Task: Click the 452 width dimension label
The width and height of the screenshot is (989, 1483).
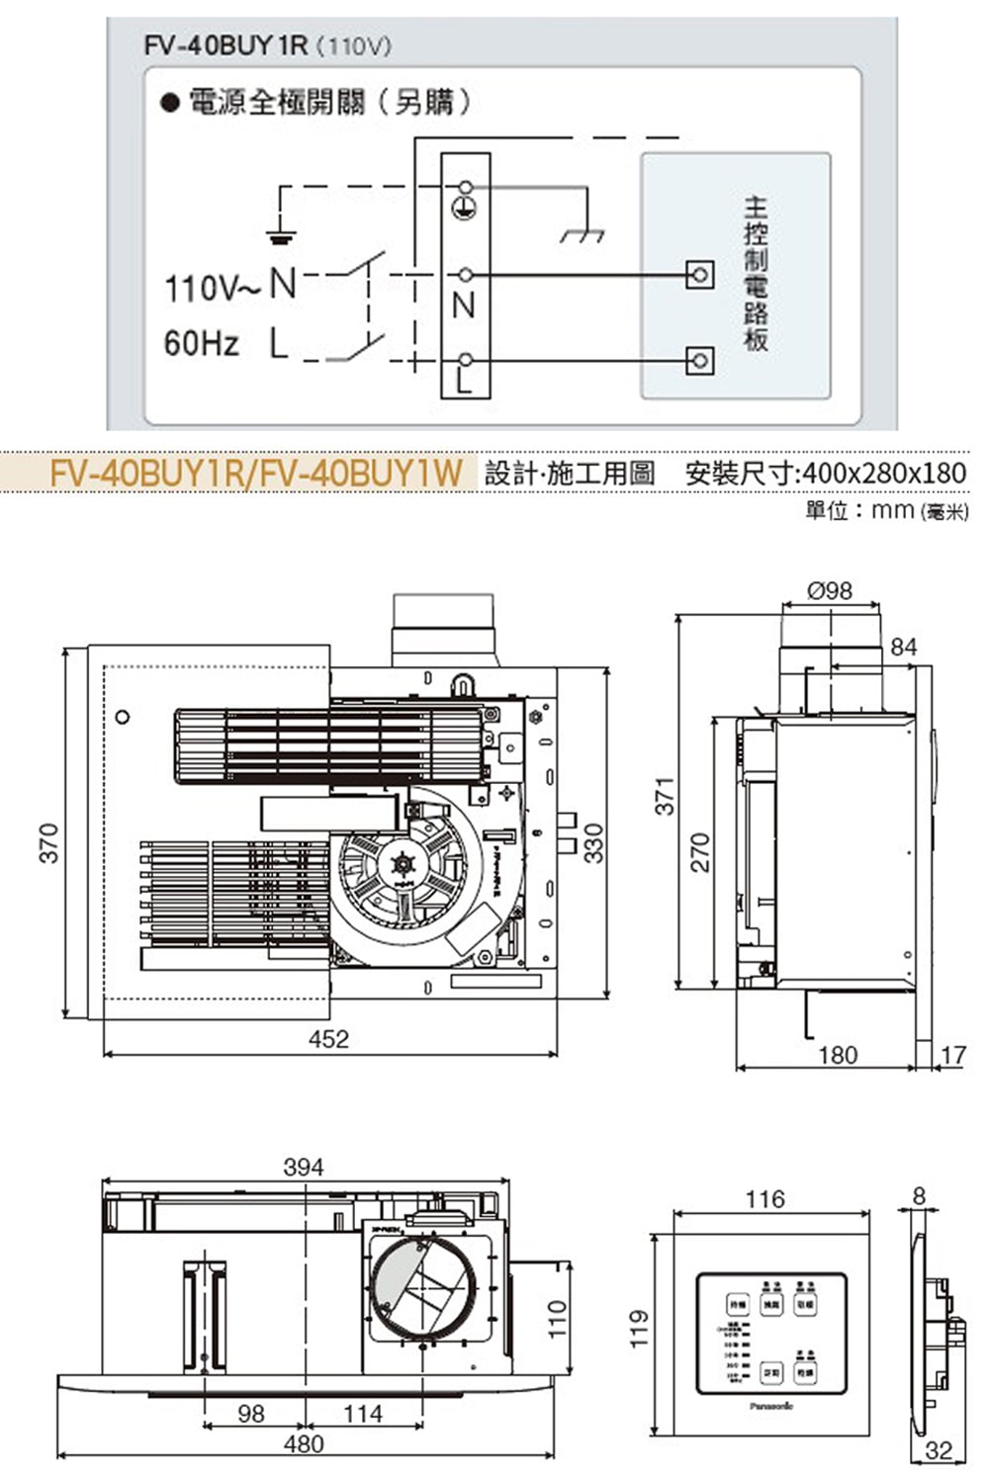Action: tap(328, 1038)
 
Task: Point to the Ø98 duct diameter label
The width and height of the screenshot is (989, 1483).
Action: tap(829, 590)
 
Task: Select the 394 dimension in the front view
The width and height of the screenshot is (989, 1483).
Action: tap(303, 1167)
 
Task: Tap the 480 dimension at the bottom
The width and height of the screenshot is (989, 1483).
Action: tap(303, 1443)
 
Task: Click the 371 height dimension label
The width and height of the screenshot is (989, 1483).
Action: tap(665, 796)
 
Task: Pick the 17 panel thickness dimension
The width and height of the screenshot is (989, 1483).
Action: tap(952, 1055)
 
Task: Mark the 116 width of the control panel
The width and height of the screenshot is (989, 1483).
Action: tap(764, 1199)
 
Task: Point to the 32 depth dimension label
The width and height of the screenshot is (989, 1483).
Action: tap(937, 1450)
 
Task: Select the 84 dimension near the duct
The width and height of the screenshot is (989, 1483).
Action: tap(903, 647)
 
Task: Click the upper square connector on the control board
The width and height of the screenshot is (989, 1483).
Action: tap(699, 274)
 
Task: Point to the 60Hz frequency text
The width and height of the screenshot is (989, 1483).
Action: tap(202, 344)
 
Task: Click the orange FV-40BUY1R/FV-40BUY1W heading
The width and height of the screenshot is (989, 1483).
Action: tap(255, 473)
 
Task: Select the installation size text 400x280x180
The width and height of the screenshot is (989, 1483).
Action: tap(882, 473)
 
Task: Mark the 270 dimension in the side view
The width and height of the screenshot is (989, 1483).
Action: tap(699, 852)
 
